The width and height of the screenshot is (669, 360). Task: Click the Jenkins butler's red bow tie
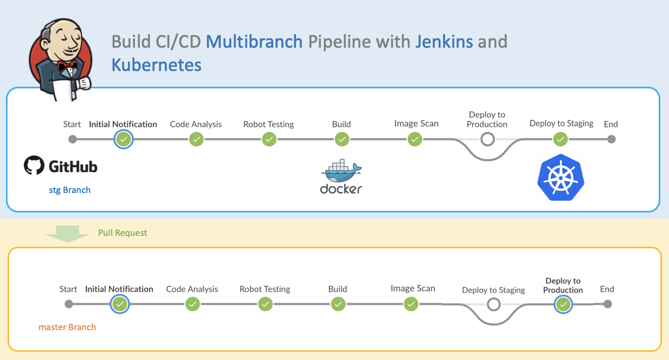tap(68, 66)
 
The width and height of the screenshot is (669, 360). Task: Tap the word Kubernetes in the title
tap(157, 65)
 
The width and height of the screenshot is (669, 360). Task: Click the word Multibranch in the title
tap(254, 42)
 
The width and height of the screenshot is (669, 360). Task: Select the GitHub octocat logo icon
tap(34, 165)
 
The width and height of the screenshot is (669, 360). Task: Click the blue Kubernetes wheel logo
tap(561, 178)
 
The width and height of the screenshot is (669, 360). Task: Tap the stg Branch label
tap(69, 190)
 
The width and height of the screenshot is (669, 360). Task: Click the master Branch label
tap(67, 327)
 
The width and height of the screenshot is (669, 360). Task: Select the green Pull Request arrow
tap(68, 234)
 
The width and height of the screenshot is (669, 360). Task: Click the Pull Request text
tap(123, 233)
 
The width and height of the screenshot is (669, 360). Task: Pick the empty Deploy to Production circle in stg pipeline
tap(487, 139)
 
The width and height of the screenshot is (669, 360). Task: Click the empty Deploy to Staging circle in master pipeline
tap(493, 305)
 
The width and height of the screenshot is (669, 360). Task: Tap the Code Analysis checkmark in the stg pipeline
tap(196, 139)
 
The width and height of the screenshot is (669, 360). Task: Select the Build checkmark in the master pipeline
tap(338, 304)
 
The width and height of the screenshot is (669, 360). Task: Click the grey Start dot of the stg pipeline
tap(73, 139)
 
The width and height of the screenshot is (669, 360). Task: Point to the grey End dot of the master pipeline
tap(608, 304)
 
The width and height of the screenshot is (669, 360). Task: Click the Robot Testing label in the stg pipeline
tap(268, 124)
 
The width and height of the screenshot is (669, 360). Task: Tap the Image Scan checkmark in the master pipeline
tap(411, 304)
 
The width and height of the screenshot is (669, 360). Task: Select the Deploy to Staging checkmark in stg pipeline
tap(560, 139)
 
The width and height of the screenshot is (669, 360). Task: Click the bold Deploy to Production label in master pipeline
tap(563, 285)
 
